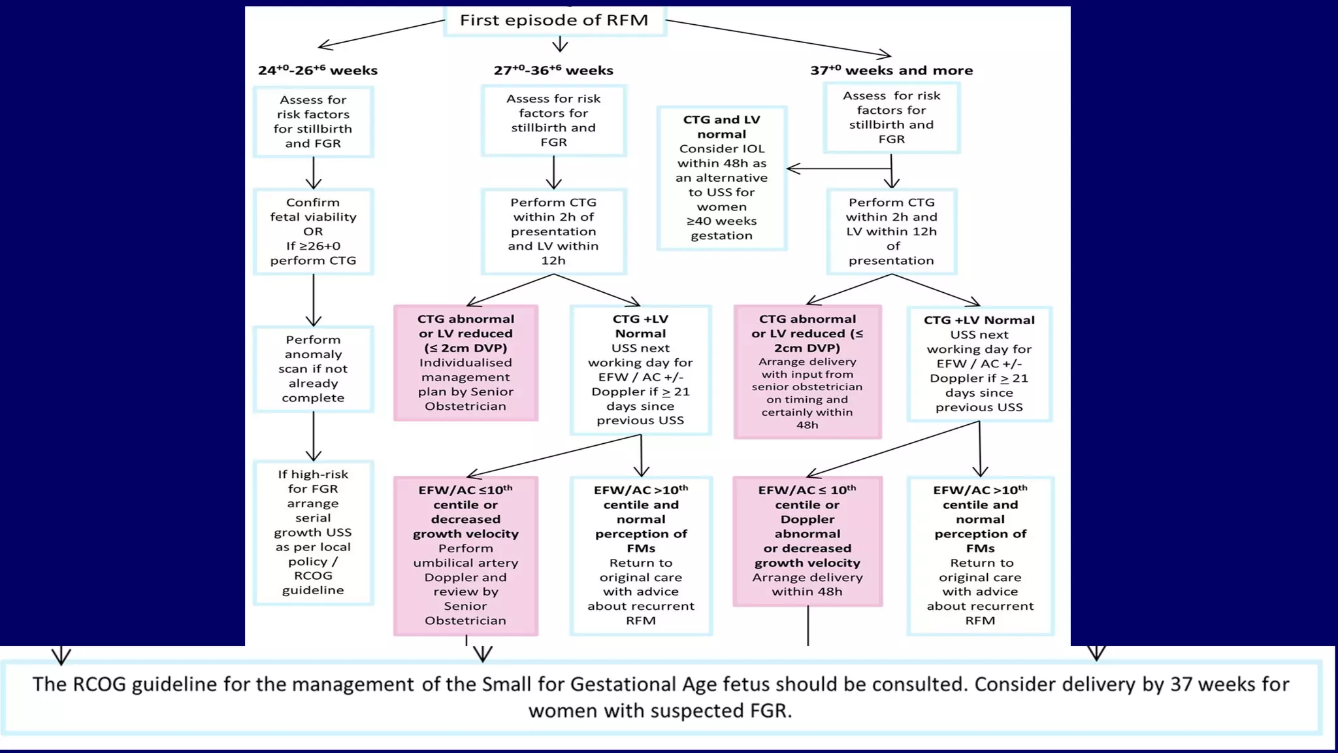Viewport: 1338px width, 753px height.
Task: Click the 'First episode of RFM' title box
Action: point(554,20)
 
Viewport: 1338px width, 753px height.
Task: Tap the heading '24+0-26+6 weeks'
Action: point(318,70)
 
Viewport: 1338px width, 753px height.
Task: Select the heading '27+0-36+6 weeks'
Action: point(553,70)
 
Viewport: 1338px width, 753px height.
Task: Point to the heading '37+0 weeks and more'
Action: point(891,70)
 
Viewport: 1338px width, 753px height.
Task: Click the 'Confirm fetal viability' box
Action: point(314,231)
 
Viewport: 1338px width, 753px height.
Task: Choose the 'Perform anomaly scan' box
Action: point(314,369)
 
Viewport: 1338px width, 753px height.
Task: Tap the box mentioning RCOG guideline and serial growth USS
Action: point(314,532)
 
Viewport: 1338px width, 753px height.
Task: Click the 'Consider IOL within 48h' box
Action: point(721,178)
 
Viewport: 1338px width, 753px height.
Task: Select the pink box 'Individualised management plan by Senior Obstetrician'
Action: point(466,363)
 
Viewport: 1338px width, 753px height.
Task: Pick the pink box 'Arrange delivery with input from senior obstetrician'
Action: point(808,371)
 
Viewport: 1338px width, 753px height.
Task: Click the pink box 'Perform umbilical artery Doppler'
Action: point(466,556)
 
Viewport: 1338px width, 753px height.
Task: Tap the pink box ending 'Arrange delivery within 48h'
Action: point(808,541)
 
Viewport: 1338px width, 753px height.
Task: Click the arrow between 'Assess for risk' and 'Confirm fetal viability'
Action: point(314,173)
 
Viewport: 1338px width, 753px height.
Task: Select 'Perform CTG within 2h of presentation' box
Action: point(553,231)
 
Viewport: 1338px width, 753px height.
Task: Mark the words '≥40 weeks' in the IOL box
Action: point(721,221)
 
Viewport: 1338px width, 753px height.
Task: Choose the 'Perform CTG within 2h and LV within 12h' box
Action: point(891,231)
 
